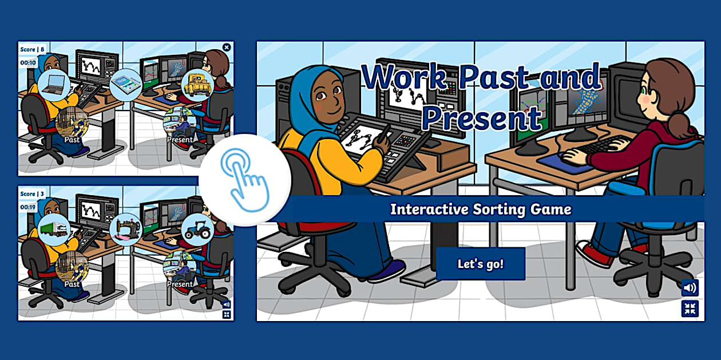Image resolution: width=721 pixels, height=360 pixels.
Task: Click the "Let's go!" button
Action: coord(480,264)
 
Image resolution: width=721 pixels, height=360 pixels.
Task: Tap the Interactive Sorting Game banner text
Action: coord(480,209)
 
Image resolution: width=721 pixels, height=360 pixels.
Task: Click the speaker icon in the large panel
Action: coord(690,287)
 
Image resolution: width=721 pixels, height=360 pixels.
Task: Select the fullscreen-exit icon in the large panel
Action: coord(690,309)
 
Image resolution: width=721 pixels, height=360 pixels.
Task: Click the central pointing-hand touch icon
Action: coord(245,180)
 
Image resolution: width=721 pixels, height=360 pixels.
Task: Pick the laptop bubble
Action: coord(54,85)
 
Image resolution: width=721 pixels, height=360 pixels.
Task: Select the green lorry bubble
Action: coord(54,230)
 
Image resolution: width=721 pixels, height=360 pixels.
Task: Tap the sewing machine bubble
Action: coord(125,230)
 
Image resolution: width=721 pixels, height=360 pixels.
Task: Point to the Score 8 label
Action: coord(32,49)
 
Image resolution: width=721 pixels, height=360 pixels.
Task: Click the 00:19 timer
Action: coord(28,207)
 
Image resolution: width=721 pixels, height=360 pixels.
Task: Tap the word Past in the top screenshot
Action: coord(72,139)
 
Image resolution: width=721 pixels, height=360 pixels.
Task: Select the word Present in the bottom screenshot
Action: coord(180,284)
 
